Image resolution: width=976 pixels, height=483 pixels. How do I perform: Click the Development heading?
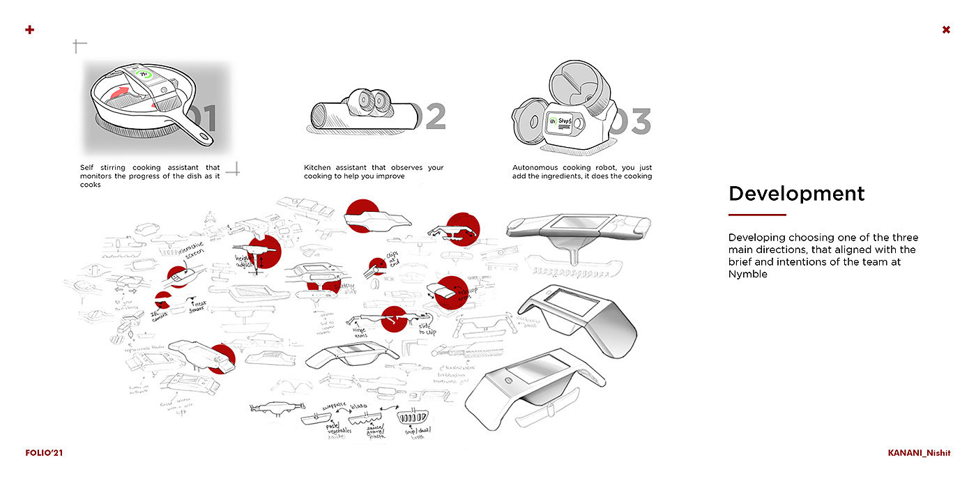coord(796,194)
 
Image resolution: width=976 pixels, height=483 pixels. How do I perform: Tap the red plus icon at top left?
coord(29,29)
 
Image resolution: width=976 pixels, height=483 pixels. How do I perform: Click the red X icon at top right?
coord(946,29)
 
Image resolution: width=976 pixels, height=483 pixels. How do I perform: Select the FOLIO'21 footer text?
coord(44,452)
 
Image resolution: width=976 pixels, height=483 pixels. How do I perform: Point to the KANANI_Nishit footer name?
coord(919,452)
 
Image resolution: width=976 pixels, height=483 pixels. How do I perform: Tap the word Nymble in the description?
coord(748,274)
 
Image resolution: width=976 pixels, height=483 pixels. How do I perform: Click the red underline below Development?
coord(757,215)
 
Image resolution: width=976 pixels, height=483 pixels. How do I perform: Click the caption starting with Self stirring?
coord(150,176)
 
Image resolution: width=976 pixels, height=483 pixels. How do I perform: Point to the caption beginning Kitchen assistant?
coord(374,172)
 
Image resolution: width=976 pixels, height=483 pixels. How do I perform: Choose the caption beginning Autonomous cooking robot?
coord(582,172)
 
